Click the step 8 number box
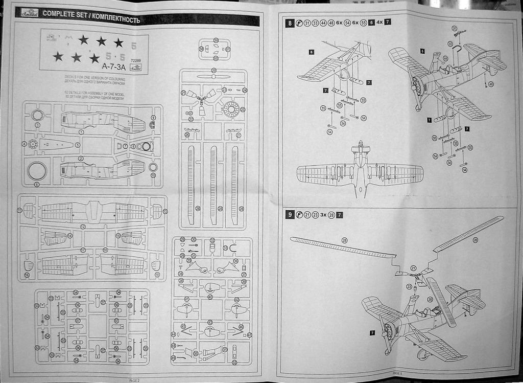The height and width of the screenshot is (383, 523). (x=290, y=22)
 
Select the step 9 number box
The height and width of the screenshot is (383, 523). (x=290, y=215)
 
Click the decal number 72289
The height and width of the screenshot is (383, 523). (x=136, y=61)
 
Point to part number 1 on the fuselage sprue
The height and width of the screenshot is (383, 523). (x=81, y=131)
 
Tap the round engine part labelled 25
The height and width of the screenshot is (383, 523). (x=231, y=109)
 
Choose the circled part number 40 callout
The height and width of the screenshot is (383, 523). (x=210, y=297)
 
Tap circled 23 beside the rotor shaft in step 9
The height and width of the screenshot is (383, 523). (x=409, y=286)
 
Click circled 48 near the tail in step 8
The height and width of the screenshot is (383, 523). (x=491, y=84)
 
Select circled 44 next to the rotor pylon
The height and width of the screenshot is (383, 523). (x=445, y=58)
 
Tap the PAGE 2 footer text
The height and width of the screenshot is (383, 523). (x=134, y=380)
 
